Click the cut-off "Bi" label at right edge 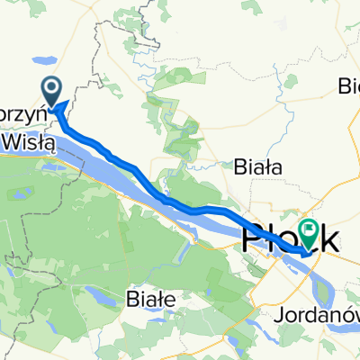[348, 86]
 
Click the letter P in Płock [253, 241]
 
